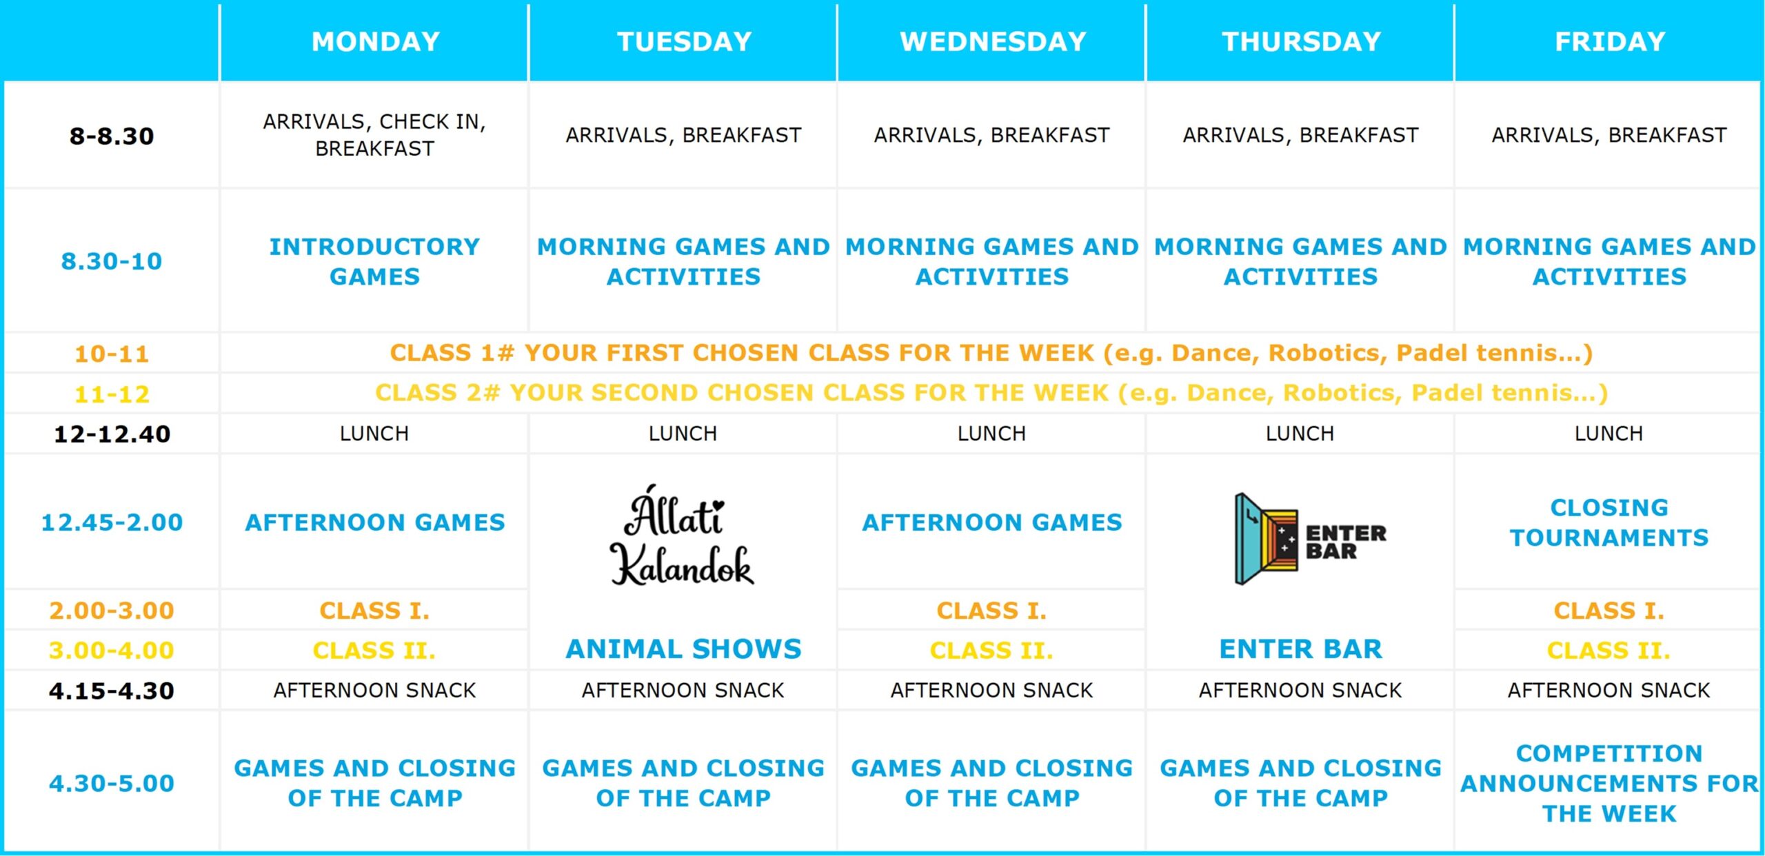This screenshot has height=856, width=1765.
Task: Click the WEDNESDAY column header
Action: click(993, 42)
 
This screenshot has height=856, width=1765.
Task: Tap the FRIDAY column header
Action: click(1610, 42)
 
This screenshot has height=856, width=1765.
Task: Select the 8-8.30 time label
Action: click(112, 136)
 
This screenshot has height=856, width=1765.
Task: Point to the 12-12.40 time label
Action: click(112, 434)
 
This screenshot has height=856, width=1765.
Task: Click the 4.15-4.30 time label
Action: click(112, 690)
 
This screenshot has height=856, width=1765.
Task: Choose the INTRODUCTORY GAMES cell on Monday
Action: click(374, 261)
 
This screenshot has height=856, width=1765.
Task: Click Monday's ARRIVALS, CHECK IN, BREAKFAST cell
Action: click(374, 135)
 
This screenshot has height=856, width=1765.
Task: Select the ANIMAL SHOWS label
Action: click(683, 649)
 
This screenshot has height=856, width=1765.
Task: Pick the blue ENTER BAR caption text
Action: click(1300, 649)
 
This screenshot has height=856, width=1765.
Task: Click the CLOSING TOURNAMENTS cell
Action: click(1609, 522)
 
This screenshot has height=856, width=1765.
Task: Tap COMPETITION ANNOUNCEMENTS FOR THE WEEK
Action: click(1609, 783)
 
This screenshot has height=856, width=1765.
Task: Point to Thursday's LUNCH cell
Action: click(1300, 434)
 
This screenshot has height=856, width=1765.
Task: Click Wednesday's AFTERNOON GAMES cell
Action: click(992, 522)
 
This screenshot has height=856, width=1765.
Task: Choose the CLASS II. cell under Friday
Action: click(1608, 650)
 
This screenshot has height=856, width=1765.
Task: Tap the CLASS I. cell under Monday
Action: click(374, 610)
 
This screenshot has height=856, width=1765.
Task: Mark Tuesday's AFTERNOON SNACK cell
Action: click(683, 690)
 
